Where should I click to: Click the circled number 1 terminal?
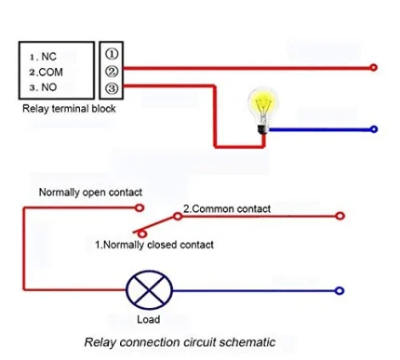point(112,54)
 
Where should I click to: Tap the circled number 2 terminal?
point(112,72)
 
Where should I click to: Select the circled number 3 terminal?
point(112,88)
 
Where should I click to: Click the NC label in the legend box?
point(48,57)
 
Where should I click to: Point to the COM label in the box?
point(51,73)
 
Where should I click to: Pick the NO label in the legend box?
point(49,87)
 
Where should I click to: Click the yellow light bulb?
point(263,111)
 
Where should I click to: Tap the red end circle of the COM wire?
point(374,67)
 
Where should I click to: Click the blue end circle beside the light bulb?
point(374,129)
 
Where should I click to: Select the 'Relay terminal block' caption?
point(69,109)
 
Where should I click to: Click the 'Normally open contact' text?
point(90,193)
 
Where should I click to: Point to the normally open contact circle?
point(140,207)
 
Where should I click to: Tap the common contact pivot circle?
point(178,216)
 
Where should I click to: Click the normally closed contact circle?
point(142,233)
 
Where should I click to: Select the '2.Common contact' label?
point(227,208)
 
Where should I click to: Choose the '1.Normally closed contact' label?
point(154,245)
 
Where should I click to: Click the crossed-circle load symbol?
point(149,290)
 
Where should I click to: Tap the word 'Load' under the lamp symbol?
point(149,319)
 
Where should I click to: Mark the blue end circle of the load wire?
point(340,291)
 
